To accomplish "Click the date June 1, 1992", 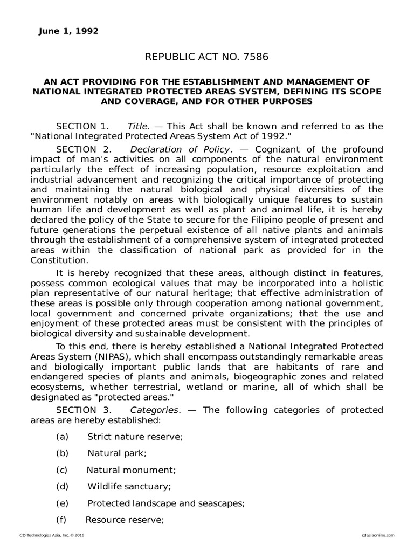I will tap(68, 31).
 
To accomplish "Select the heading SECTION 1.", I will tap(82, 126).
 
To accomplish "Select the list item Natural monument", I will tap(131, 470).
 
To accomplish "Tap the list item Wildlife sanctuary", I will tap(129, 486).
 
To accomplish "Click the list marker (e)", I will tap(62, 503).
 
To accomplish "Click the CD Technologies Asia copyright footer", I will tap(52, 535).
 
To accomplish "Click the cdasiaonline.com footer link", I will tap(376, 535).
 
